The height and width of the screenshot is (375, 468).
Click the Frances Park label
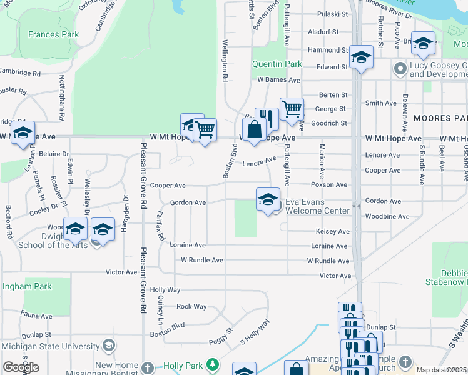coord(54,34)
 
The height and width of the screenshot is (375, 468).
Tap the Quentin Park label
coord(277,64)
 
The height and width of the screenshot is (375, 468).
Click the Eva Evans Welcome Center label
coord(317,206)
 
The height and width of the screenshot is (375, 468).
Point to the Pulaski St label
coord(332,14)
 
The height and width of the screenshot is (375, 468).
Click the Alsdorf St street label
coord(323,31)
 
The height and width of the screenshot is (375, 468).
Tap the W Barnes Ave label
coord(278,80)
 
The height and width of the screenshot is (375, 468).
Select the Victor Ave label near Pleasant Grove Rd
coord(121,272)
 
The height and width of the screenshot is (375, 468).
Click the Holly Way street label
coord(165,290)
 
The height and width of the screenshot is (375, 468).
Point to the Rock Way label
coord(191,306)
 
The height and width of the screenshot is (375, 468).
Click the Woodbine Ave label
coord(387,217)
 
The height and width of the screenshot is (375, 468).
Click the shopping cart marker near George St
coord(292,109)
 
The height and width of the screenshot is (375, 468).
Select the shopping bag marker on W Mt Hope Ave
coord(255,131)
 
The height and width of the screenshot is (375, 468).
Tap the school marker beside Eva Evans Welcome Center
coord(268,199)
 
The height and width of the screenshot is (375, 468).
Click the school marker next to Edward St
coord(361,57)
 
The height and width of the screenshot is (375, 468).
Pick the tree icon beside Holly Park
coord(213,364)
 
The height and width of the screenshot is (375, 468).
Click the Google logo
coord(21,367)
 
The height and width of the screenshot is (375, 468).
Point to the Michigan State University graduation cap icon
coord(109,345)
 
